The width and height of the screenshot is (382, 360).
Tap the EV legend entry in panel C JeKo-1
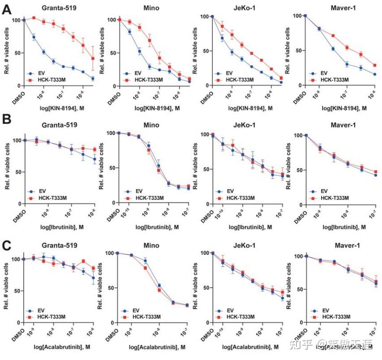230,310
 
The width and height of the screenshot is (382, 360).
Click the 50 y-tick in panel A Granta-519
16,53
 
